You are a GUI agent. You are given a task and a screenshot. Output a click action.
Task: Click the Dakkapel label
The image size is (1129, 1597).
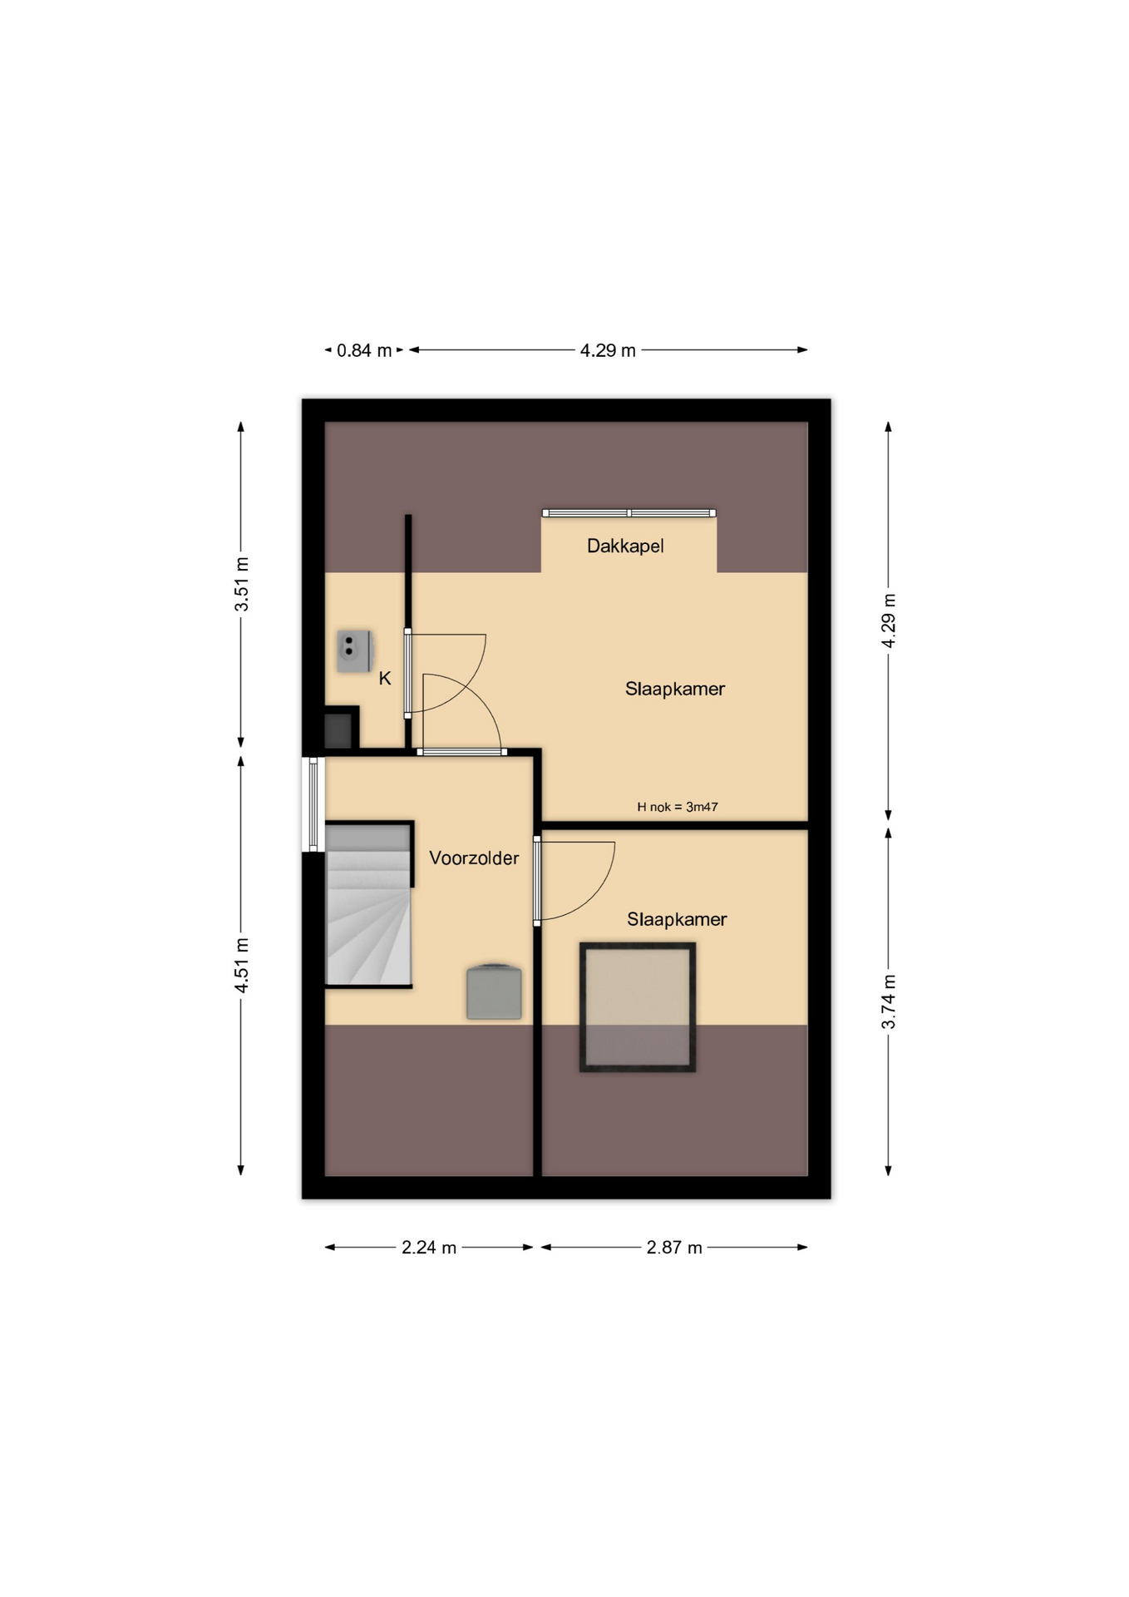click(624, 546)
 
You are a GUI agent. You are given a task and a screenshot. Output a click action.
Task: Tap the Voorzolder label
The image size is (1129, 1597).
click(474, 858)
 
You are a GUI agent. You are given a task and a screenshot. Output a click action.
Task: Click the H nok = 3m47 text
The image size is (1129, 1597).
click(678, 807)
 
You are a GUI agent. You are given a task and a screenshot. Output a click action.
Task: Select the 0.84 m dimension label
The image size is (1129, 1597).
click(364, 351)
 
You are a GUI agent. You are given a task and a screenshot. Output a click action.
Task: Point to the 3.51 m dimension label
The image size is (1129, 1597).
click(241, 584)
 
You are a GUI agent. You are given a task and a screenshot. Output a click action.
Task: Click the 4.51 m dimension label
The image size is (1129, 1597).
click(241, 965)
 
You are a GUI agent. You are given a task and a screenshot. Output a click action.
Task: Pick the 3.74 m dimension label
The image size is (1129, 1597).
click(889, 1001)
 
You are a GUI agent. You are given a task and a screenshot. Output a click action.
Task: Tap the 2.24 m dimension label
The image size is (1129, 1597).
click(429, 1248)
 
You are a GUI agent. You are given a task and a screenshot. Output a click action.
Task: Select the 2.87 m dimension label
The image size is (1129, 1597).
click(674, 1248)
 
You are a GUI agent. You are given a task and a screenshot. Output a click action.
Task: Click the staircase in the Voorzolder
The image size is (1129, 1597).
click(368, 904)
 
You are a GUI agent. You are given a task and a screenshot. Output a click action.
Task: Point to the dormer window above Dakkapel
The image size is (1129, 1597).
click(629, 513)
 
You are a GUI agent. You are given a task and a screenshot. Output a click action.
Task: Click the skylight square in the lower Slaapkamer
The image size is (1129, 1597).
click(638, 1007)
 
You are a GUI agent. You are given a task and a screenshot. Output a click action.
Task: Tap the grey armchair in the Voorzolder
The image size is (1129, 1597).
click(494, 991)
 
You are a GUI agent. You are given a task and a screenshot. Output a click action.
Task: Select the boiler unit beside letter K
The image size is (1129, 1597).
click(354, 651)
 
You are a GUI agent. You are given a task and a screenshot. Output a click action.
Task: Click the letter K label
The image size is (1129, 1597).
click(385, 679)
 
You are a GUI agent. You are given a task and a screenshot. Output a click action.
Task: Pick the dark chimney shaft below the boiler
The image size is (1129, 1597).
click(339, 729)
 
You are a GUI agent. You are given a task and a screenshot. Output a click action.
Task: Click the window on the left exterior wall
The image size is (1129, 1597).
click(313, 804)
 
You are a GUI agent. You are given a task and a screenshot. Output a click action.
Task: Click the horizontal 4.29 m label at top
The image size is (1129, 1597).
click(608, 351)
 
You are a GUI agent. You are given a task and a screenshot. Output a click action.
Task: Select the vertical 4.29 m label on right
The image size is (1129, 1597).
click(889, 621)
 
